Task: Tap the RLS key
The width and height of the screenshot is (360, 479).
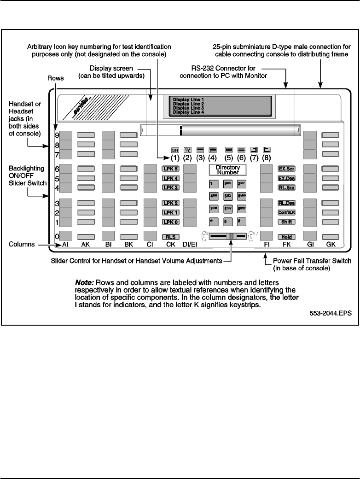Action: tap(169, 237)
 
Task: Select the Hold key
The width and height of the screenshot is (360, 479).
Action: tap(285, 237)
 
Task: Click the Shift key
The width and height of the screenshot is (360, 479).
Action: tap(285, 222)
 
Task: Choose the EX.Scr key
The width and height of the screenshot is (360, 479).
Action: tap(285, 169)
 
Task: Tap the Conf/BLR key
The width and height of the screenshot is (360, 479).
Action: tap(285, 212)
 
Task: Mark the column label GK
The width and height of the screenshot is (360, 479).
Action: tap(330, 245)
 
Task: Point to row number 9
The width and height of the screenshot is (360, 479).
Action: tap(57, 135)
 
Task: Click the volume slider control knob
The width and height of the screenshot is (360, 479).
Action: tap(233, 236)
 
